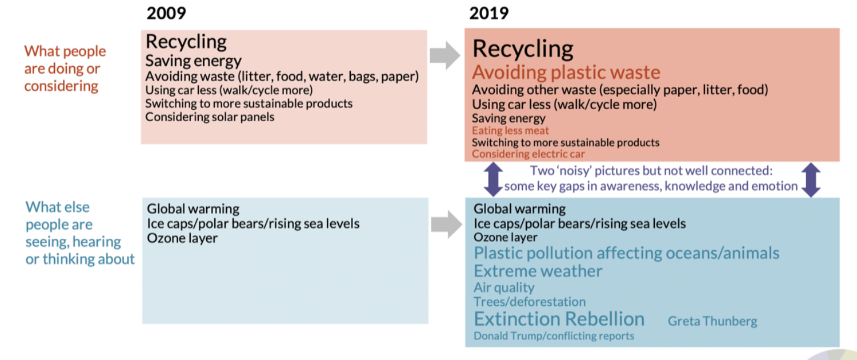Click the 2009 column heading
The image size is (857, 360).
click(166, 13)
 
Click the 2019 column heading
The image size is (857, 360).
click(489, 13)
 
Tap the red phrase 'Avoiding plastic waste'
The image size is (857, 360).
click(566, 73)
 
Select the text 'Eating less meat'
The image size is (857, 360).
click(510, 130)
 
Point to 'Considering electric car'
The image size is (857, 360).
click(528, 154)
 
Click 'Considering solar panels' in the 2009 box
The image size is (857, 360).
click(210, 117)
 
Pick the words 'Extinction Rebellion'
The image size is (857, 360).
click(559, 319)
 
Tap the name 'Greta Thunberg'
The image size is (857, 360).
click(712, 321)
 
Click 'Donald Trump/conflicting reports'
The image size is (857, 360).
click(554, 336)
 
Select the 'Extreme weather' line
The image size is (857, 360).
click(538, 271)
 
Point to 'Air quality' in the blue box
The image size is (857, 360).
click(504, 287)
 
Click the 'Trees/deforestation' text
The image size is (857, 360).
click(530, 302)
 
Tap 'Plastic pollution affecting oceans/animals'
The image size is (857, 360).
click(626, 253)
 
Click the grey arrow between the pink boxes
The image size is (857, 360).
click(445, 55)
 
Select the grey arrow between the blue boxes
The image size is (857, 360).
click(446, 224)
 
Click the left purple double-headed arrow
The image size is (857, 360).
click(493, 179)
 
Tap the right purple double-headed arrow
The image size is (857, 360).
click(811, 179)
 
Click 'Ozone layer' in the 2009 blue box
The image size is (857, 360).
click(182, 238)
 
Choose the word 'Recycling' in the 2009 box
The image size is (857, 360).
click(186, 42)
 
